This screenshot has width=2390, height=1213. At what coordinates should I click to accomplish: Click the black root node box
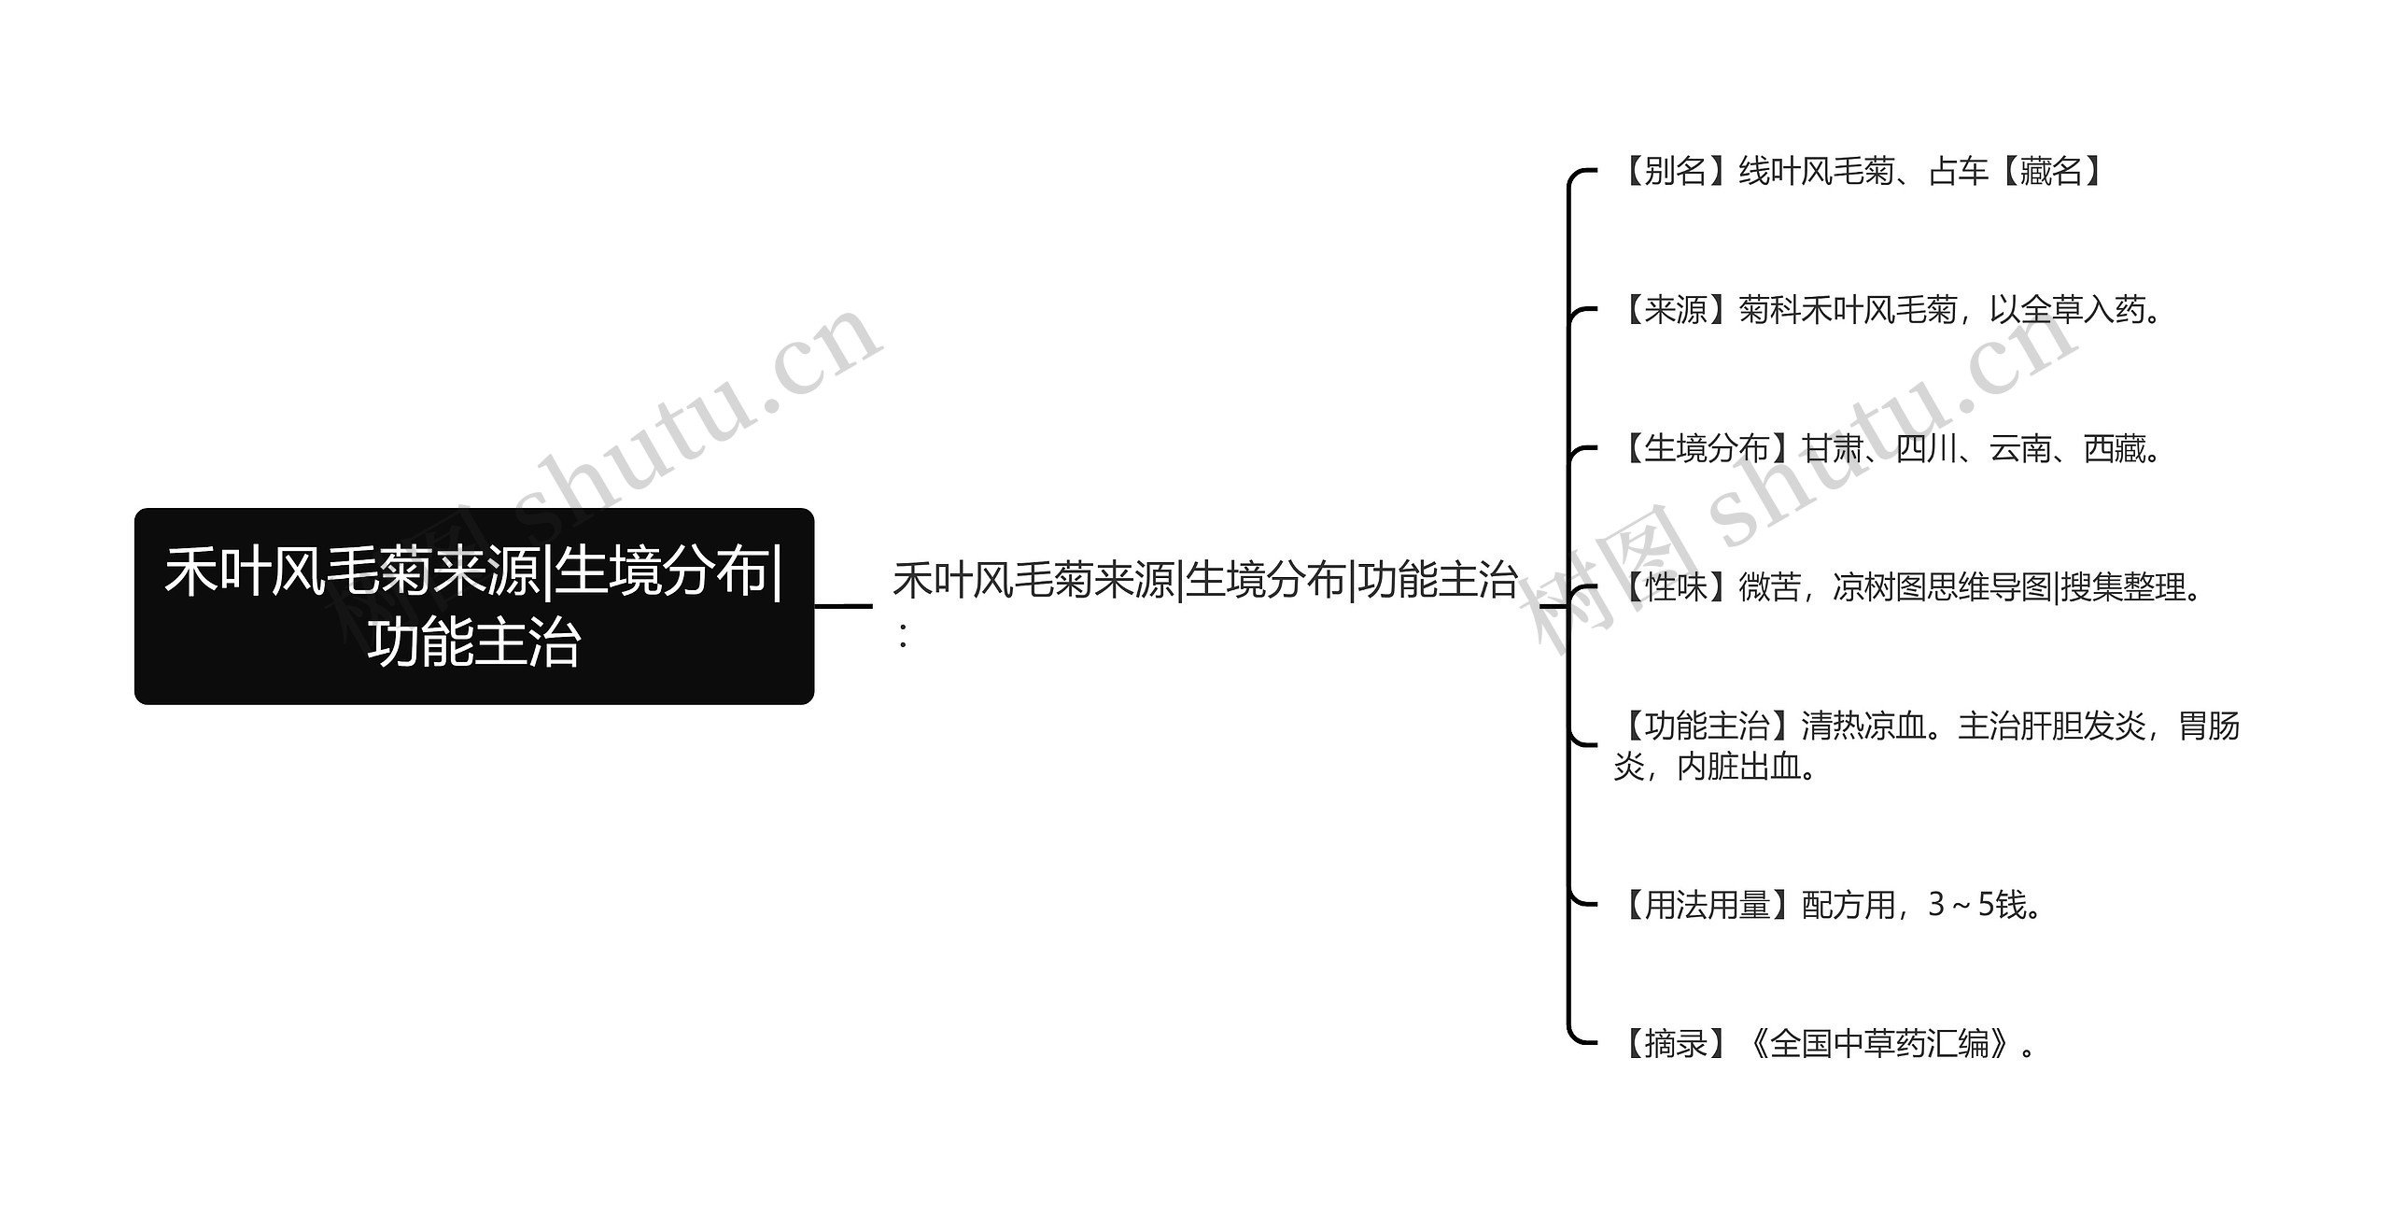pyautogui.click(x=474, y=606)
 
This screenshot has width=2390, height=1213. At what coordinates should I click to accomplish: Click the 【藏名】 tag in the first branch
pyautogui.click(x=2051, y=172)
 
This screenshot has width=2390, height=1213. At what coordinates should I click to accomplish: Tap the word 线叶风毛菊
pyautogui.click(x=1816, y=172)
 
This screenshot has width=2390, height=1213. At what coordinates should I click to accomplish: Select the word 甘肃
pyautogui.click(x=1833, y=449)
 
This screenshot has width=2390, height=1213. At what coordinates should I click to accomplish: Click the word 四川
pyautogui.click(x=1927, y=449)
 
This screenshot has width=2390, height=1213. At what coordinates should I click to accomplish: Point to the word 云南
pyautogui.click(x=2020, y=449)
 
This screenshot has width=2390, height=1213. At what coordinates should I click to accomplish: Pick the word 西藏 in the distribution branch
pyautogui.click(x=2115, y=449)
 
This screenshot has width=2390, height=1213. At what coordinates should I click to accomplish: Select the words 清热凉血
pyautogui.click(x=1863, y=726)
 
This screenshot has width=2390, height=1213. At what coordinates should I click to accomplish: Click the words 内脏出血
pyautogui.click(x=1738, y=767)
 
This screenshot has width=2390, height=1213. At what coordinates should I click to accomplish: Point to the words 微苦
pyautogui.click(x=1769, y=587)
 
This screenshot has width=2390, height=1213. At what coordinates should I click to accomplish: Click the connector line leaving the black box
pyautogui.click(x=842, y=606)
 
